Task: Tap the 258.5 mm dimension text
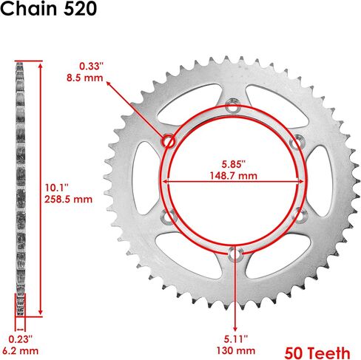[68, 199]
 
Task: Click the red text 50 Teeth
[317, 347]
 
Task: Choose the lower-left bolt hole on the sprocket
[169, 215]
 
